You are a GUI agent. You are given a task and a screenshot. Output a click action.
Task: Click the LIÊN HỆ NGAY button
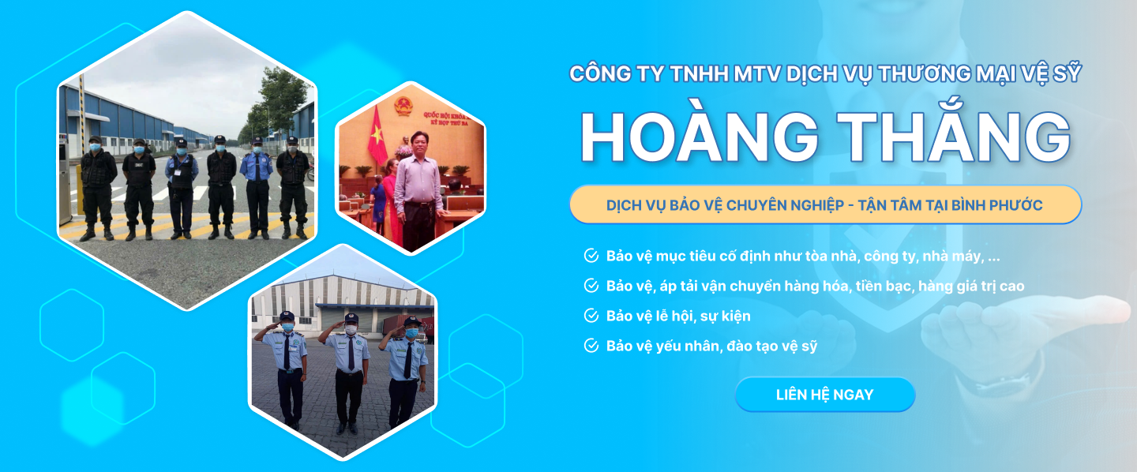pyautogui.click(x=825, y=395)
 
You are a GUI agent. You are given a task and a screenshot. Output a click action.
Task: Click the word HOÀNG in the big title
pyautogui.click(x=700, y=137)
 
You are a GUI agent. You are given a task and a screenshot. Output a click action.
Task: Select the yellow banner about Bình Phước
pyautogui.click(x=825, y=204)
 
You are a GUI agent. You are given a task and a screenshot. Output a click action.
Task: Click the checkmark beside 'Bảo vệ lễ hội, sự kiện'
pyautogui.click(x=591, y=316)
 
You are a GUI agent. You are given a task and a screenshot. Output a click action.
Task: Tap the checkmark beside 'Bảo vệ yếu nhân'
pyautogui.click(x=591, y=346)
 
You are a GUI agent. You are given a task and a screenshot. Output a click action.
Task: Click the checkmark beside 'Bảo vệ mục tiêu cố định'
pyautogui.click(x=591, y=255)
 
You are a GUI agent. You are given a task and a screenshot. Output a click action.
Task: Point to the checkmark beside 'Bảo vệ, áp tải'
pyautogui.click(x=591, y=285)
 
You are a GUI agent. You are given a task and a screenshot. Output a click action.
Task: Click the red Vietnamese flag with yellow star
pyautogui.click(x=377, y=135)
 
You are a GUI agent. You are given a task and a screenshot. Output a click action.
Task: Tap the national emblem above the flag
pyautogui.click(x=403, y=106)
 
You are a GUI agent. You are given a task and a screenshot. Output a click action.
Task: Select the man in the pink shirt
pyautogui.click(x=418, y=189)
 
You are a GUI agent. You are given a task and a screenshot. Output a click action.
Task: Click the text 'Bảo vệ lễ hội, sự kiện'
pyautogui.click(x=678, y=316)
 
